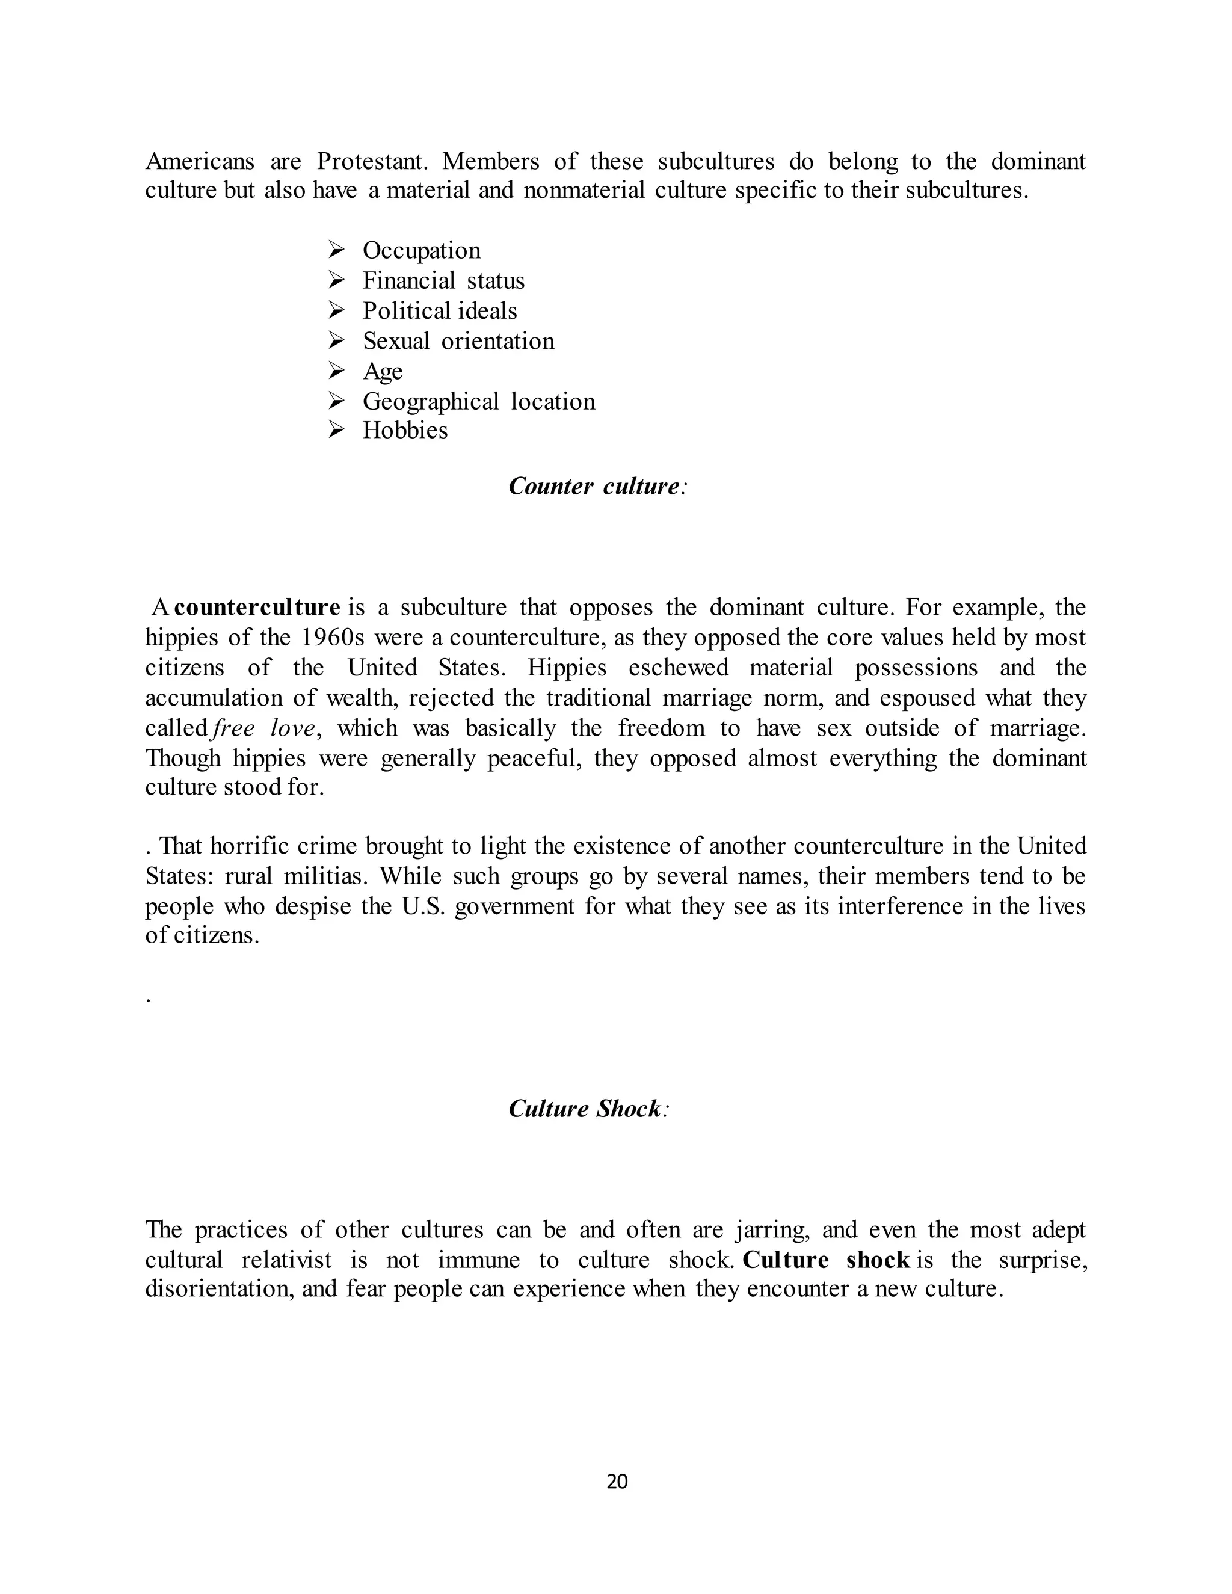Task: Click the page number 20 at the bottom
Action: click(x=617, y=1481)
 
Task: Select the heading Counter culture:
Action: click(x=597, y=486)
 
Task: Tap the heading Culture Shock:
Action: click(x=588, y=1109)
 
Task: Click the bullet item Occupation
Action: click(x=421, y=250)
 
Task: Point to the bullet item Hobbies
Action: click(x=405, y=430)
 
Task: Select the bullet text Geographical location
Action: click(x=479, y=401)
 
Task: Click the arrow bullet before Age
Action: click(x=336, y=371)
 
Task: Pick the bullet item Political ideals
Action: click(x=439, y=311)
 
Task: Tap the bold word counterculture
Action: click(x=257, y=608)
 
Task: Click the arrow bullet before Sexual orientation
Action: click(x=336, y=341)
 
